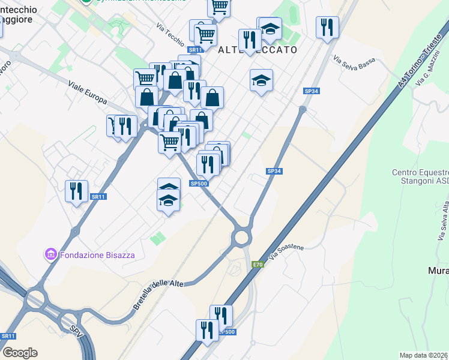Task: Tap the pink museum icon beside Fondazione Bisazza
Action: click(x=51, y=255)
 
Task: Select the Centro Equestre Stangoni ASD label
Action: click(x=420, y=177)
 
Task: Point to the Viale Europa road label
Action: click(x=88, y=92)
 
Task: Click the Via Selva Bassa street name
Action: click(x=354, y=62)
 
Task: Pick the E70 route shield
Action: click(x=258, y=265)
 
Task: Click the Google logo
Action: click(x=20, y=353)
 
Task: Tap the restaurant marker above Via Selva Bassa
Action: click(x=327, y=27)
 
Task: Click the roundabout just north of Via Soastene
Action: click(x=242, y=237)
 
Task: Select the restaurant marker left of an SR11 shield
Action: click(x=76, y=191)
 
